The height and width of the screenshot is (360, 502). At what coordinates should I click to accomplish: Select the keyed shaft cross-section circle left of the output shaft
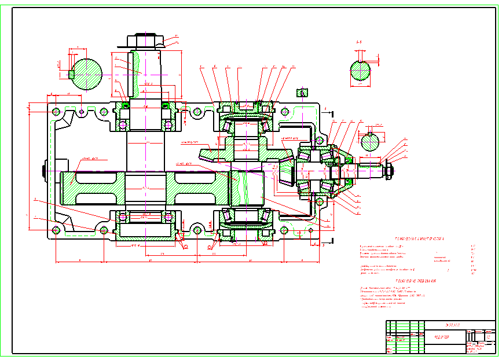87,74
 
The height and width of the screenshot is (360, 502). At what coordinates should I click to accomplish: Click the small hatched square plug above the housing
301,92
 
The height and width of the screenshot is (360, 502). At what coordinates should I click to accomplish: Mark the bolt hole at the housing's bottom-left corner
56,230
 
